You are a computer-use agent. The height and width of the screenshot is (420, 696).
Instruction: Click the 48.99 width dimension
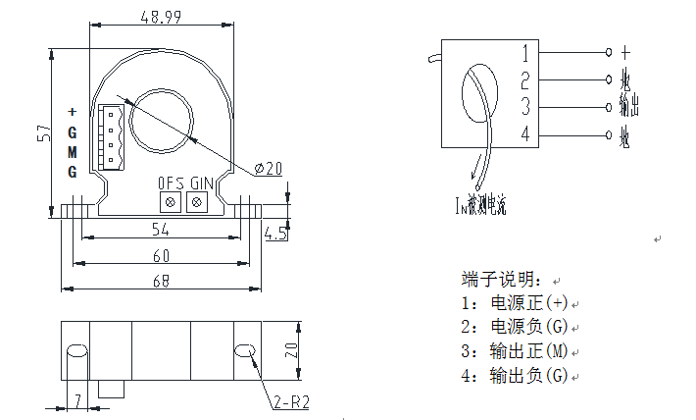[162, 18]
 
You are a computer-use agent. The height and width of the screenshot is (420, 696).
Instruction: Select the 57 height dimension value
[44, 133]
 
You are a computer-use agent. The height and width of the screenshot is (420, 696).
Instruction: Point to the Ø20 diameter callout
[268, 169]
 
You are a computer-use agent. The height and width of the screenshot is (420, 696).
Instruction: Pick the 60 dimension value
[162, 256]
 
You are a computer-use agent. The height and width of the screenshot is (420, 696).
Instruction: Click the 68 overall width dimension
[162, 282]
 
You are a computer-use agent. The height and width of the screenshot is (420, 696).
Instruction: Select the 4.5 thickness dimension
[275, 234]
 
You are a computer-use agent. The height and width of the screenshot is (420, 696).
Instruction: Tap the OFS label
[171, 183]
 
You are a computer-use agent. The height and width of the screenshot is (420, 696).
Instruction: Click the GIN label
[201, 183]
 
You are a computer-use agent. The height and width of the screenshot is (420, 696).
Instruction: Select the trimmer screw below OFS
[171, 202]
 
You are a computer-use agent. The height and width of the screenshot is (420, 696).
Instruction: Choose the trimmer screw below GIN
[196, 202]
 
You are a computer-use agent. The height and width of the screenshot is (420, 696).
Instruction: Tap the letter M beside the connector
[72, 151]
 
